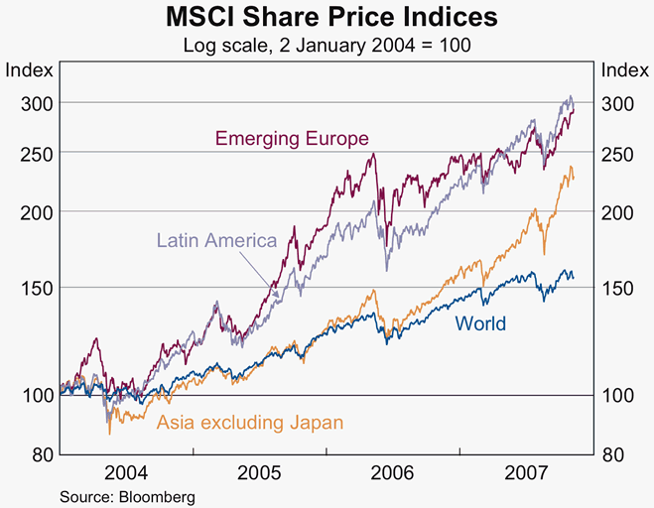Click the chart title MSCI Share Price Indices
pos(327,18)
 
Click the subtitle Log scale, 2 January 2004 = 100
pos(327,45)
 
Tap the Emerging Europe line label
pos(292,138)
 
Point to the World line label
pos(480,323)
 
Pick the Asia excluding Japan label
pos(250,423)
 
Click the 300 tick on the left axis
pos(22,103)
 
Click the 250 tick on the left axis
pos(22,152)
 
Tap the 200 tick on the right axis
pos(618,211)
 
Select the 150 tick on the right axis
pos(618,288)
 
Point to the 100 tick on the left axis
pos(22,395)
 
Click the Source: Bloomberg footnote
pos(127,495)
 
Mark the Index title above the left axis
pos(24,70)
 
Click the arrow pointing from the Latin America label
pos(266,273)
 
